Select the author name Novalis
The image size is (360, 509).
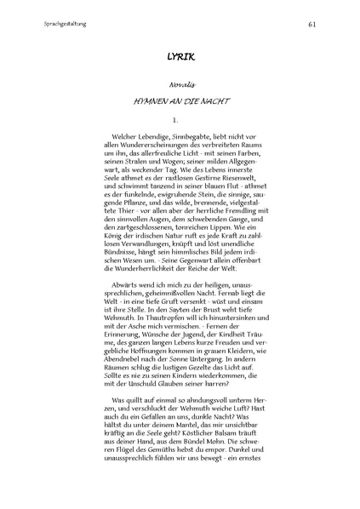(180, 86)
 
